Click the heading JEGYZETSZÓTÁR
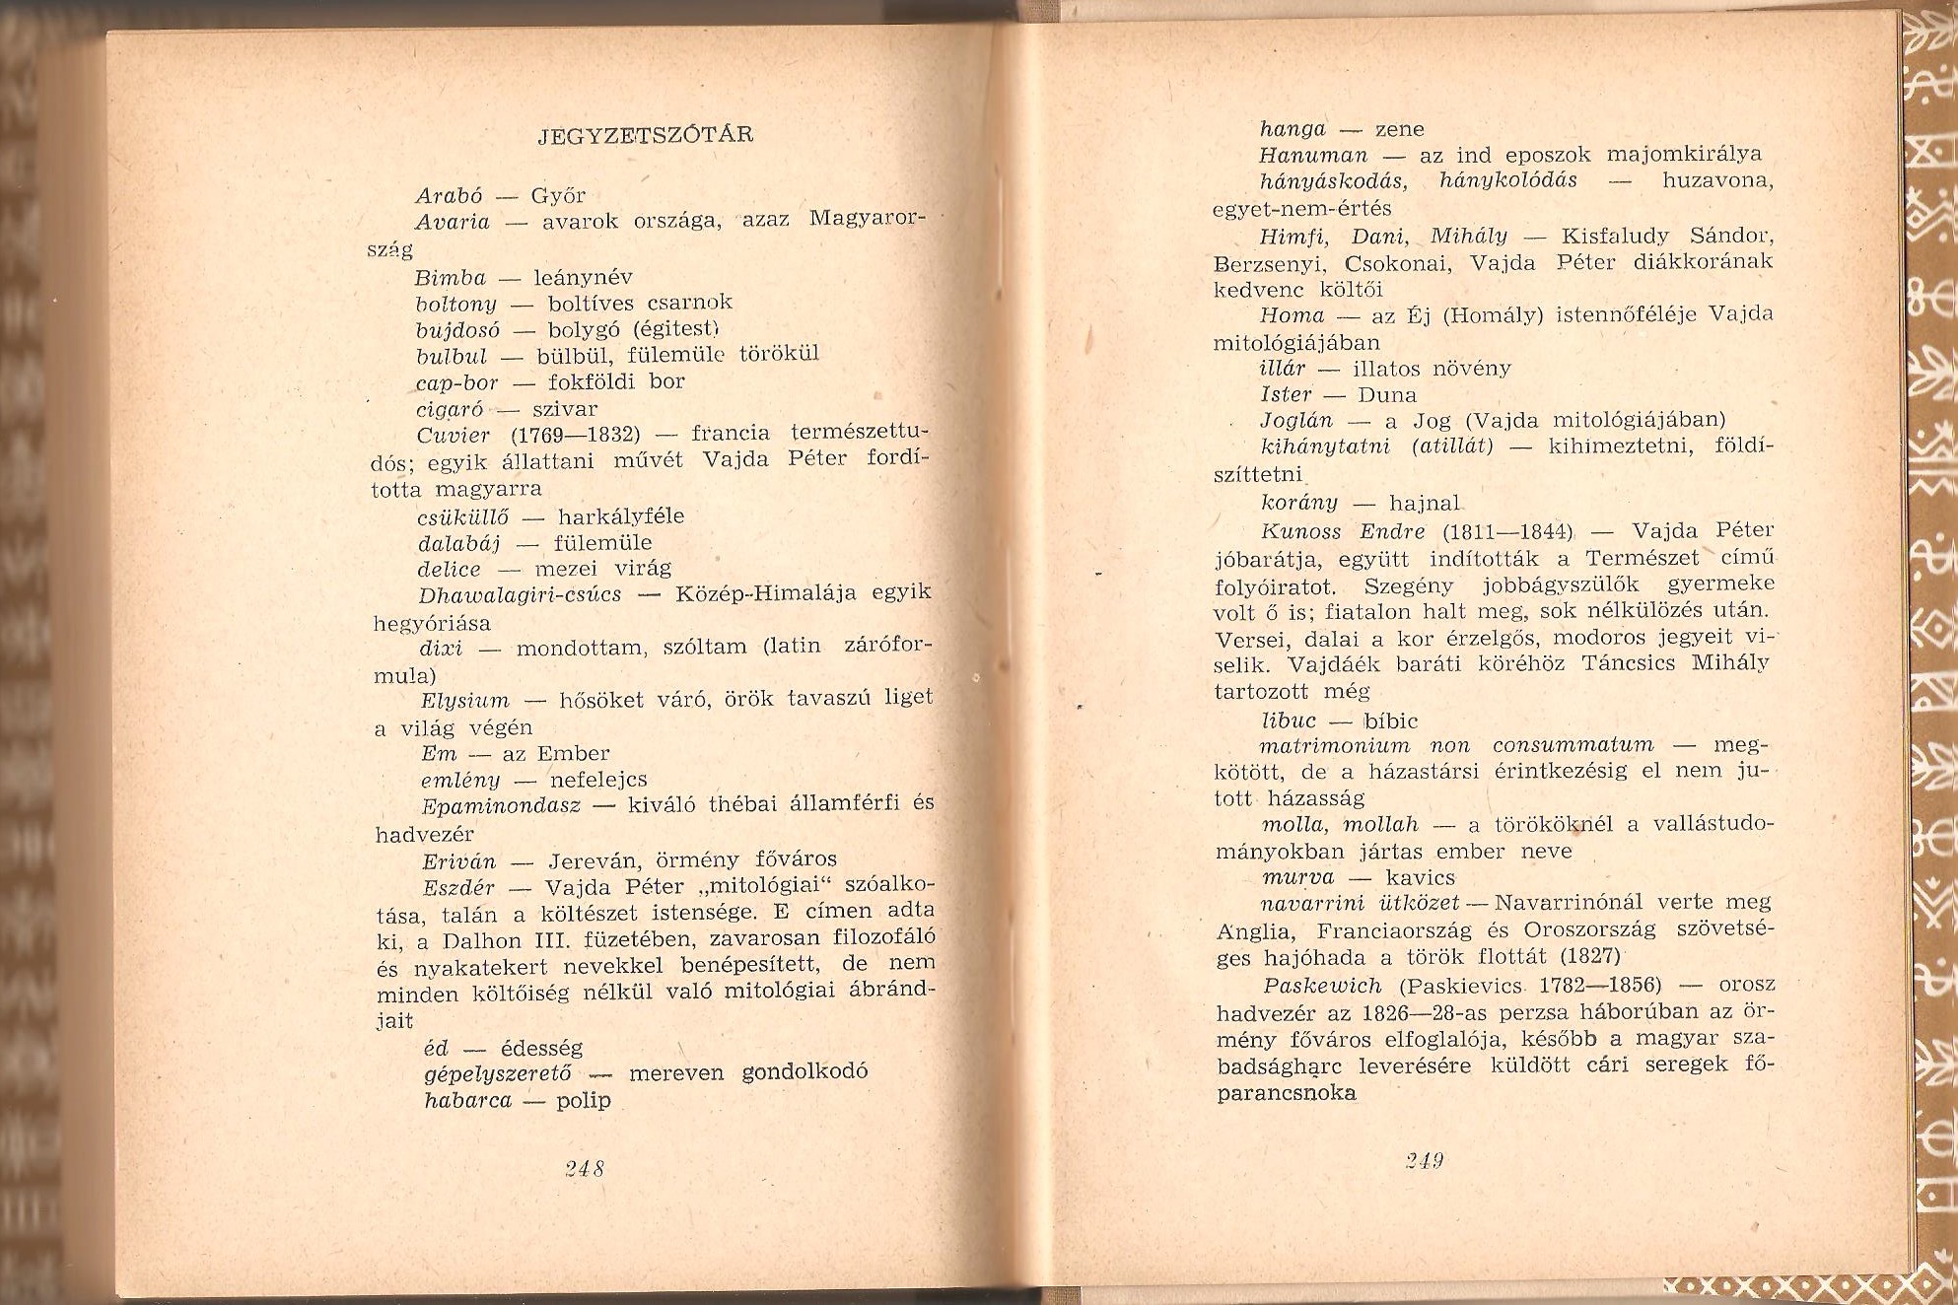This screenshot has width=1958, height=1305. [x=646, y=135]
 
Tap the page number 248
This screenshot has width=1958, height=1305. [x=585, y=1169]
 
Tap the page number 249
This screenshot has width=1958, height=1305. [x=1425, y=1161]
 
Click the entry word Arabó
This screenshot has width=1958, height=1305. [x=449, y=195]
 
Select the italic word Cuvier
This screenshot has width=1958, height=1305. [x=453, y=436]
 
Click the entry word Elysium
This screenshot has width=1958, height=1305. [x=464, y=701]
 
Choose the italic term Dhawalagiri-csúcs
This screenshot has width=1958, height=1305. [x=520, y=594]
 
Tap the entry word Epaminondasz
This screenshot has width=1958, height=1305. [x=501, y=805]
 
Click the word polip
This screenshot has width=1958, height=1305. [x=584, y=1100]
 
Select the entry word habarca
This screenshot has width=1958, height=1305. [x=468, y=1100]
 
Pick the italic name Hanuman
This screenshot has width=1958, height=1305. [x=1313, y=155]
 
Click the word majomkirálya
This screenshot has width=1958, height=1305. [x=1684, y=154]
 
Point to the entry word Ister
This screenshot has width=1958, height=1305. [x=1286, y=394]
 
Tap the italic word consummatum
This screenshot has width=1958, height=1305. [x=1573, y=745]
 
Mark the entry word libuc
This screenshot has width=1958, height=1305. [x=1289, y=721]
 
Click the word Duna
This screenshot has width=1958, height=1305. [x=1387, y=395]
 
